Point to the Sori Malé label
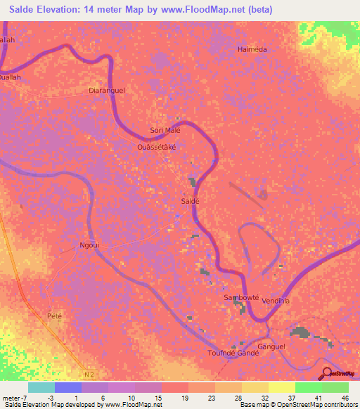click(x=165, y=131)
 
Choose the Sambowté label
click(x=240, y=297)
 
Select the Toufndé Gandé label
click(x=234, y=353)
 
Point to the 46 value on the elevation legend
click(x=345, y=397)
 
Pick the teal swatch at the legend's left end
click(x=41, y=387)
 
